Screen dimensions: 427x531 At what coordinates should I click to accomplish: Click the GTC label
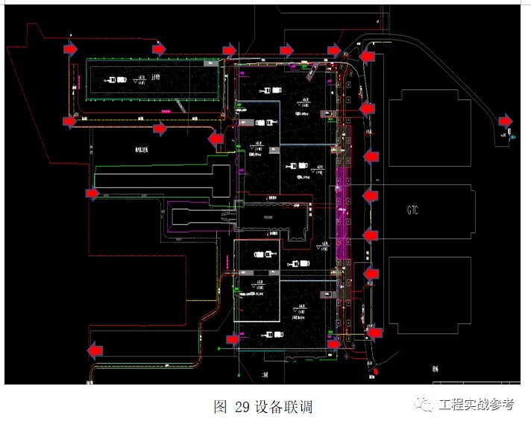[x=412, y=210]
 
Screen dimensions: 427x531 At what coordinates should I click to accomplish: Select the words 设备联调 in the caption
[x=283, y=407]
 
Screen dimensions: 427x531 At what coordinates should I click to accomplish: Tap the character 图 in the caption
[x=220, y=407]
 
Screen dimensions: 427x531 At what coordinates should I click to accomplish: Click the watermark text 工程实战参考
[x=477, y=405]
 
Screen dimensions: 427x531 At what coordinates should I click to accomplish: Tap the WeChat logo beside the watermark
[x=426, y=405]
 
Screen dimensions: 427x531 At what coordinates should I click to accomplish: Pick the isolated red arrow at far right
[x=506, y=120]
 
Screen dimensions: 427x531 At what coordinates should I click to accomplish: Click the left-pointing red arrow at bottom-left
[x=95, y=349]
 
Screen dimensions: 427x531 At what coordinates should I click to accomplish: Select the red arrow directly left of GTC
[x=371, y=196]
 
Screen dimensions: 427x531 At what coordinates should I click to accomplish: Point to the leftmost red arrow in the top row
[x=69, y=49]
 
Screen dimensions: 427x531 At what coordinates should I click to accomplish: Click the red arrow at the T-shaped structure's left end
[x=92, y=194]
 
